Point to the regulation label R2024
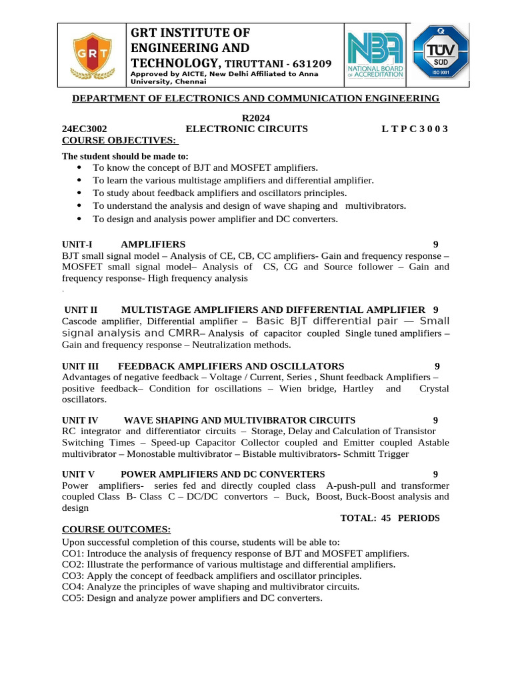pos(254,117)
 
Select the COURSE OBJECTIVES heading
pos(119,140)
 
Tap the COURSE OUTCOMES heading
pos(116,530)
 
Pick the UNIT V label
pos(79,474)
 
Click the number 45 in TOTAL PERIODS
pos(385,518)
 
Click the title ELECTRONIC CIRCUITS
pos(247,129)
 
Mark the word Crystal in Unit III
pos(433,388)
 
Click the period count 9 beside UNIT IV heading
pos(435,420)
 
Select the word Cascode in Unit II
pos(81,321)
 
